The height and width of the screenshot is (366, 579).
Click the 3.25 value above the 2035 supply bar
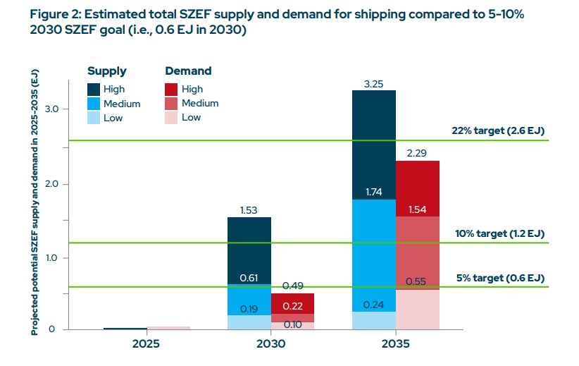[x=374, y=83]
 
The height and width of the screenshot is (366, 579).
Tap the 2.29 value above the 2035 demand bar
[x=418, y=153]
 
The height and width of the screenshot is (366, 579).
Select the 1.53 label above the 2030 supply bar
[x=249, y=209]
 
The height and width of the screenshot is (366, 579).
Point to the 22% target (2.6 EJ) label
[x=499, y=131]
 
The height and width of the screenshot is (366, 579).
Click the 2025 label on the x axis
[x=147, y=345]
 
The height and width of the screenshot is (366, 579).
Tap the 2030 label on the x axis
[x=271, y=345]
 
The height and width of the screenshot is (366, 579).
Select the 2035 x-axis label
[x=396, y=345]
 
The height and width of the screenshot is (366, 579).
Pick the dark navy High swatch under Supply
[x=94, y=89]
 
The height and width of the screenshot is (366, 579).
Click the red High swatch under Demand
[x=171, y=89]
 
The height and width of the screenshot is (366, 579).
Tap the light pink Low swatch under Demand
[x=171, y=118]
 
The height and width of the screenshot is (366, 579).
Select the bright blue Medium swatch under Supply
[x=94, y=104]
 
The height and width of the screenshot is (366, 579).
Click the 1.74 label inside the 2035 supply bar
[x=374, y=192]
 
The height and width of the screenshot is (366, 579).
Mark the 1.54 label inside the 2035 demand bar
[x=418, y=210]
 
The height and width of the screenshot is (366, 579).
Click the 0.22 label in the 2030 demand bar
[x=293, y=307]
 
